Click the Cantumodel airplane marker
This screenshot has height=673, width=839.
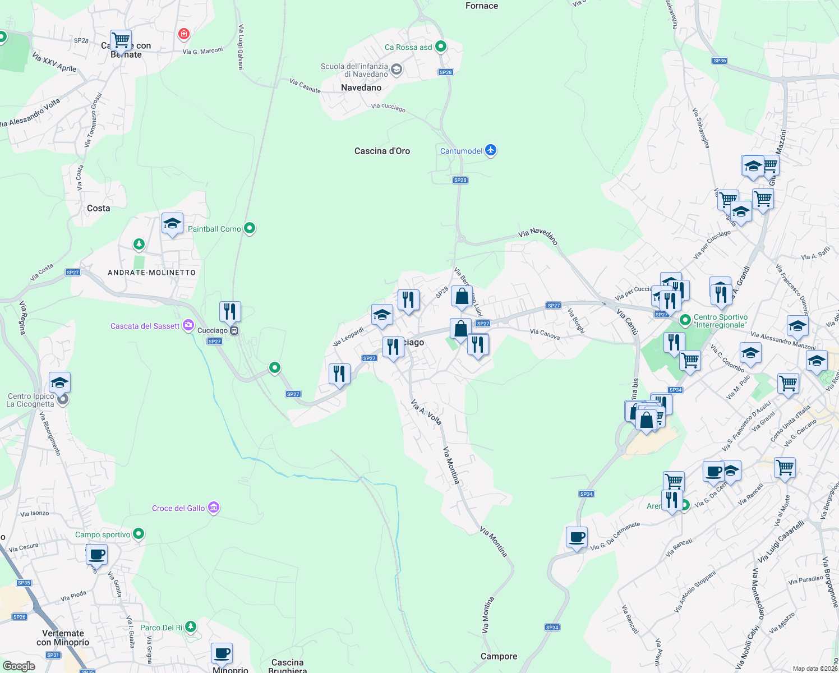(491, 150)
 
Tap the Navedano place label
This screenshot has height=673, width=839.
(361, 87)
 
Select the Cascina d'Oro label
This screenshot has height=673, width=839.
(382, 151)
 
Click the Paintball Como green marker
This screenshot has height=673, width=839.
(250, 228)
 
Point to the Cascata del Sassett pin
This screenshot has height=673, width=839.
(188, 325)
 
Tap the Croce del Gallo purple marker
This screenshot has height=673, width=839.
(214, 508)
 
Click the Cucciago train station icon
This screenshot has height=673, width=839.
(234, 330)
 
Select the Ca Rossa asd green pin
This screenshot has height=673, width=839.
(441, 47)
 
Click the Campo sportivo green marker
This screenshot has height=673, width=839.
(139, 534)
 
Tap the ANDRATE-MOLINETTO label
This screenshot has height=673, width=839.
(151, 273)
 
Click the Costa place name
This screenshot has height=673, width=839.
(99, 208)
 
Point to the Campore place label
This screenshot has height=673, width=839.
(499, 656)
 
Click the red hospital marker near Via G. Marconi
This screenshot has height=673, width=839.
(183, 34)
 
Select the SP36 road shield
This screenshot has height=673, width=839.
(720, 61)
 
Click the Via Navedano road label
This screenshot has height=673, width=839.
(538, 236)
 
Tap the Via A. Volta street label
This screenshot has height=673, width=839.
(426, 412)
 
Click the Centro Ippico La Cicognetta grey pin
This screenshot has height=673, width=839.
(63, 399)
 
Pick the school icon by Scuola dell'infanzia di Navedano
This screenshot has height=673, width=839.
(397, 70)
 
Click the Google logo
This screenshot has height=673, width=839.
(19, 666)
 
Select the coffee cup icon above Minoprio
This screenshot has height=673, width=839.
(222, 653)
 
